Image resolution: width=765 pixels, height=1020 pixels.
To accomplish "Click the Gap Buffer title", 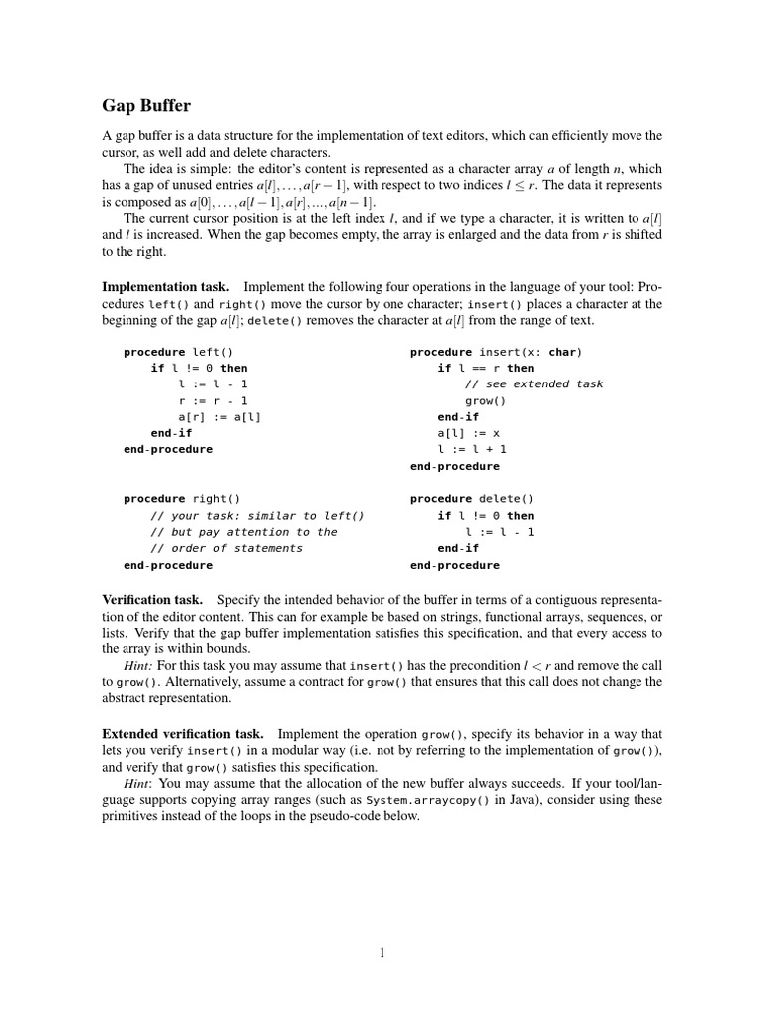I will tap(147, 105).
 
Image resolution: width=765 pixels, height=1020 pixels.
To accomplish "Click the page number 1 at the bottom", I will tap(382, 953).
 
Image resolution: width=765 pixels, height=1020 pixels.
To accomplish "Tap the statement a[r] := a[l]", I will tap(219, 417).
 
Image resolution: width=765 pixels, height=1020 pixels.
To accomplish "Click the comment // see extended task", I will tap(534, 384).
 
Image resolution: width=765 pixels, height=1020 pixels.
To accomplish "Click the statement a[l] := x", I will tap(468, 433).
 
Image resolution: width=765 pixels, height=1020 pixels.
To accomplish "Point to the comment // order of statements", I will tap(226, 548).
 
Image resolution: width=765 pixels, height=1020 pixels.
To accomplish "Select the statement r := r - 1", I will tap(214, 400).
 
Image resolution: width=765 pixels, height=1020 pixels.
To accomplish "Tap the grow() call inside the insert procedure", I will tap(485, 400).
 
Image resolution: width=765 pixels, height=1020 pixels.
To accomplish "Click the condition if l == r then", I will tap(486, 368).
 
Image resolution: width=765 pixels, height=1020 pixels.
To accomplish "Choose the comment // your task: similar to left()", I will tap(257, 516).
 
